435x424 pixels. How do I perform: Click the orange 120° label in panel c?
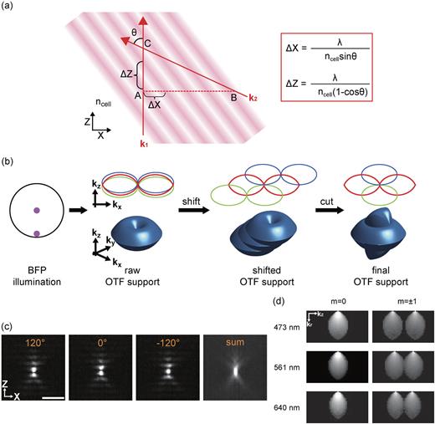tap(33, 319)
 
